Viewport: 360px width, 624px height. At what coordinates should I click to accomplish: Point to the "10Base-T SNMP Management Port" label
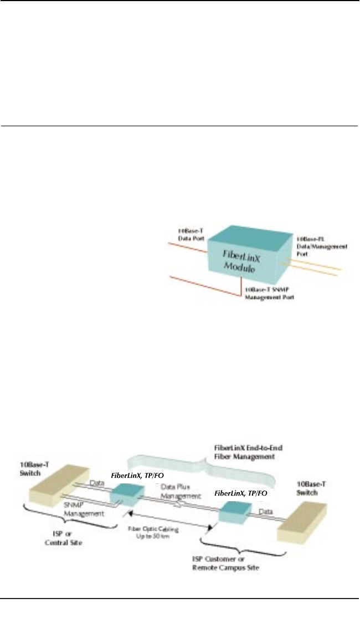[x=270, y=294]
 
